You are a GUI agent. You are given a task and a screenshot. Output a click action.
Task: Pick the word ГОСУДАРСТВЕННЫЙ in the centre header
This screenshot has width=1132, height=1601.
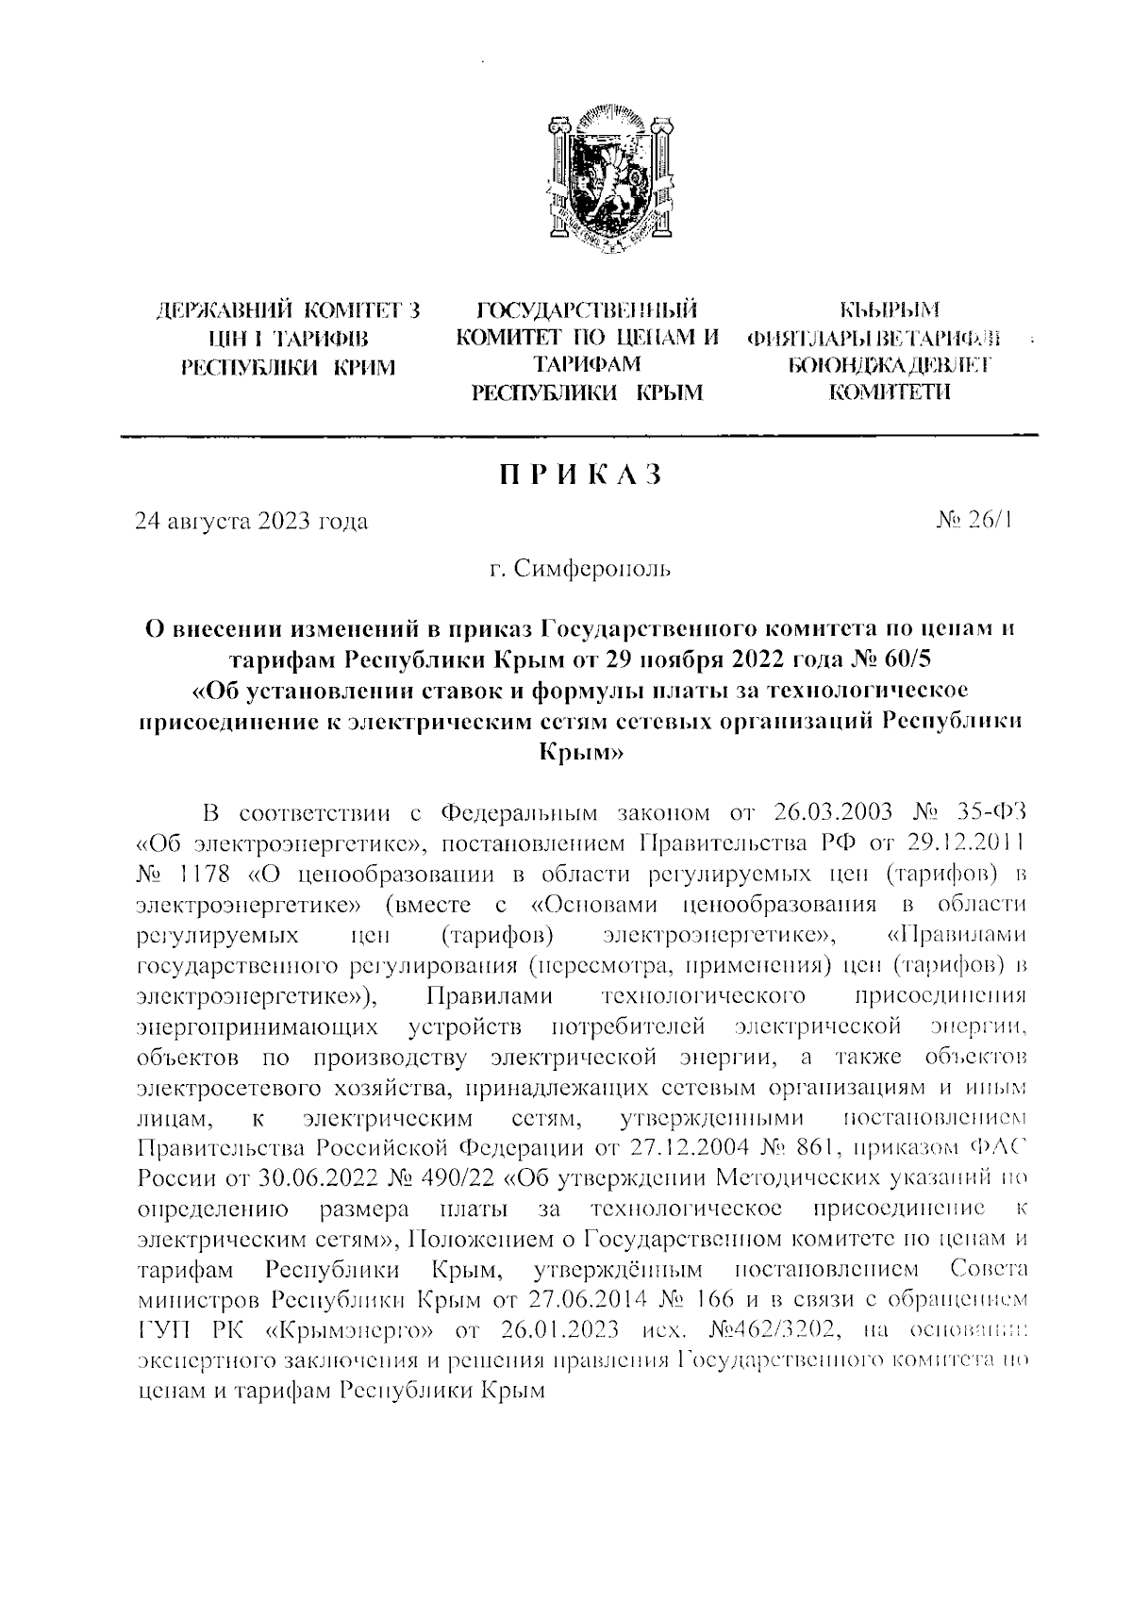[588, 309]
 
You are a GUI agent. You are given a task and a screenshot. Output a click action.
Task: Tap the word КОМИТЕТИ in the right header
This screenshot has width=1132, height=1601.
[891, 392]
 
